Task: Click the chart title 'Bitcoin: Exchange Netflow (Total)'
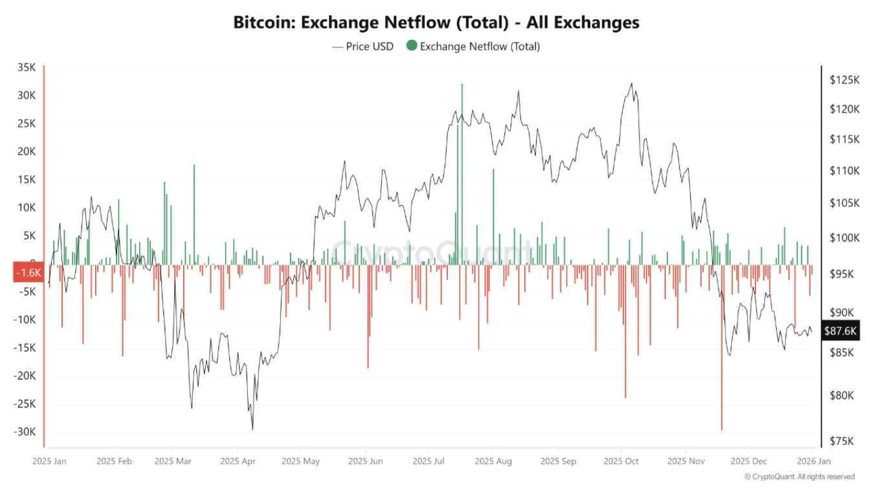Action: pyautogui.click(x=436, y=22)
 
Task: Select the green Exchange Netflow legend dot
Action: pyautogui.click(x=412, y=46)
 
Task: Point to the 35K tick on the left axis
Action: pyautogui.click(x=27, y=67)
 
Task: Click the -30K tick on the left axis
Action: pyautogui.click(x=25, y=432)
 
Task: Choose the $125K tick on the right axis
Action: pyautogui.click(x=844, y=80)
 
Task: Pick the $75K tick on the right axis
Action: pyautogui.click(x=842, y=441)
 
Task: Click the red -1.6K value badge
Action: pyautogui.click(x=28, y=273)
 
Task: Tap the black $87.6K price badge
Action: pyautogui.click(x=840, y=331)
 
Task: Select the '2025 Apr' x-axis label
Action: pyautogui.click(x=239, y=461)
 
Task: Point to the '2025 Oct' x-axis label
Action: pyautogui.click(x=621, y=461)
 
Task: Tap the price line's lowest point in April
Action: pyautogui.click(x=252, y=429)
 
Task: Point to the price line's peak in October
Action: pyautogui.click(x=632, y=83)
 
